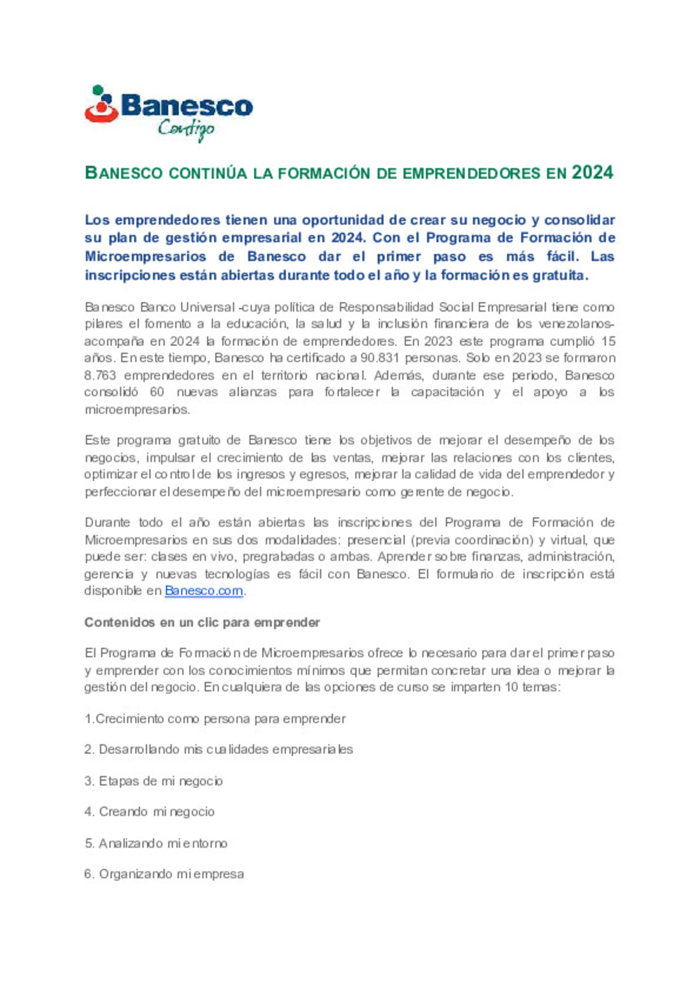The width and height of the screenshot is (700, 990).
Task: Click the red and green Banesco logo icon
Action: pyautogui.click(x=101, y=105)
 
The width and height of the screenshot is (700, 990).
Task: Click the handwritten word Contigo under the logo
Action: pyautogui.click(x=185, y=129)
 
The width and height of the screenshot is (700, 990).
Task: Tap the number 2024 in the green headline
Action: pyautogui.click(x=592, y=172)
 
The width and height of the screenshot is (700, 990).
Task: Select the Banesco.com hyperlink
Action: pyautogui.click(x=204, y=591)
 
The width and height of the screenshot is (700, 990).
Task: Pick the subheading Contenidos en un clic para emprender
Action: pyautogui.click(x=202, y=623)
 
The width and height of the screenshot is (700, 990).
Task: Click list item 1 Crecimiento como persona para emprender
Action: pyautogui.click(x=215, y=719)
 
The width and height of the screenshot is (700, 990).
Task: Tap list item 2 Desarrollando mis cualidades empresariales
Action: pyautogui.click(x=219, y=750)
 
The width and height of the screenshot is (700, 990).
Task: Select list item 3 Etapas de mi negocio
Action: pyautogui.click(x=154, y=781)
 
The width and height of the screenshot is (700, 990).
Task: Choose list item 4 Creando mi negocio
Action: pyautogui.click(x=150, y=812)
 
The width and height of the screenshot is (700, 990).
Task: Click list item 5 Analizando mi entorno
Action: pyautogui.click(x=156, y=844)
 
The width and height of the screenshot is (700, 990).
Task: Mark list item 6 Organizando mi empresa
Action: pyautogui.click(x=164, y=875)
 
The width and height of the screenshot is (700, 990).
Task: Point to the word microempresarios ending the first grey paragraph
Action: pyautogui.click(x=137, y=409)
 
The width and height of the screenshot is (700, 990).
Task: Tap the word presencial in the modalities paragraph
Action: pyautogui.click(x=376, y=540)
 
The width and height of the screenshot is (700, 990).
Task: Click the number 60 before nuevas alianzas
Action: pyautogui.click(x=157, y=393)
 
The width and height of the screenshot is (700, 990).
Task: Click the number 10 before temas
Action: pyautogui.click(x=511, y=687)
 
